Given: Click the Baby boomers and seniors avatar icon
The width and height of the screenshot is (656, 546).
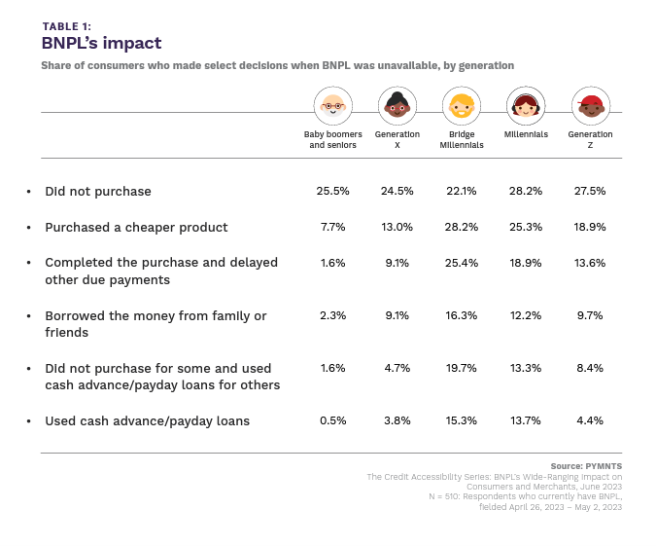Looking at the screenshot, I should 332,105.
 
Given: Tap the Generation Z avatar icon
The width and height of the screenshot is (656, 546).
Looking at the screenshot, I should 590,105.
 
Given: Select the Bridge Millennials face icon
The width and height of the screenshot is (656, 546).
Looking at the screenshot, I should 461,105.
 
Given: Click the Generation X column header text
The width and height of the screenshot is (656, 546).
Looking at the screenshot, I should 397,139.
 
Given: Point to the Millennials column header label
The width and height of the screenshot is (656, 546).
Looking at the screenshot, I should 526,134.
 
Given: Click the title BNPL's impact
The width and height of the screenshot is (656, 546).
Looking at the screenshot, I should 101,44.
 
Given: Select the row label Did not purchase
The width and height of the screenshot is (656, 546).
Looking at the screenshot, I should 98,191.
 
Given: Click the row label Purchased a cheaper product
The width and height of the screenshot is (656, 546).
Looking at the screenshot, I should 136,227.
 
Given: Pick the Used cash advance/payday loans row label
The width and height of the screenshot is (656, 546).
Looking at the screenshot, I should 147,421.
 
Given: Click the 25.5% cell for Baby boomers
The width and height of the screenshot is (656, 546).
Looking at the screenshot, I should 332,191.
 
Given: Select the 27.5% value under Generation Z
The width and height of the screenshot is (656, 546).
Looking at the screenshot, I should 590,191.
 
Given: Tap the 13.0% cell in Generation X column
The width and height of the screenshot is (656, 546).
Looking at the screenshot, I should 397,227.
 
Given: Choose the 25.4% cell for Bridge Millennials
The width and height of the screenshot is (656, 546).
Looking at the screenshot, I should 461,263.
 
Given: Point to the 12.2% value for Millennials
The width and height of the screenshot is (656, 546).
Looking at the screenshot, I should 526,315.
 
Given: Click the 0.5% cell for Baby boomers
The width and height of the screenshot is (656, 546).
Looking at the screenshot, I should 332,421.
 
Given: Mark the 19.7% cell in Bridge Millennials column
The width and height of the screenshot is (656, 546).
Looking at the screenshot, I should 461,368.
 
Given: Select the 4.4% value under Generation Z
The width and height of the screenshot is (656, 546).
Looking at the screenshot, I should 590,421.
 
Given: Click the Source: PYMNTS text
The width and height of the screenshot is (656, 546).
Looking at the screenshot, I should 586,466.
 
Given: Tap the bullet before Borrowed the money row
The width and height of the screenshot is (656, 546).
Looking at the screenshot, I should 28,316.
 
